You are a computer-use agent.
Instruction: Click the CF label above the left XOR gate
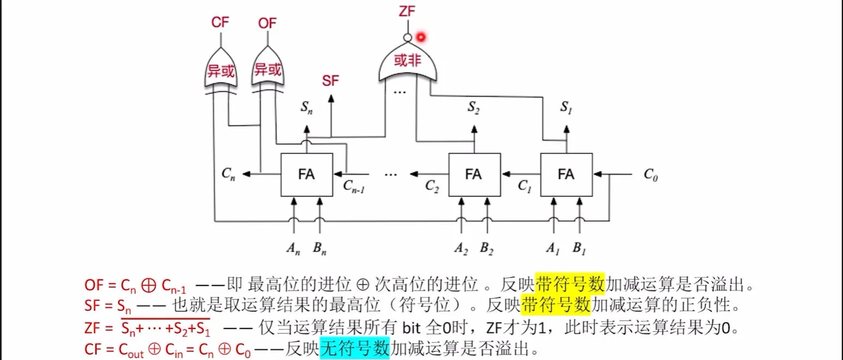[x=220, y=22]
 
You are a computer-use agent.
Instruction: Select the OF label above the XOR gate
[x=267, y=23]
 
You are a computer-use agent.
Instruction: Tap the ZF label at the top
[x=407, y=11]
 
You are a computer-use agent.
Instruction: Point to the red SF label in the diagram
[x=330, y=81]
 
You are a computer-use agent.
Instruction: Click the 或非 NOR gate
[x=408, y=62]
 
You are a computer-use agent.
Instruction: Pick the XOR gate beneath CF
[x=221, y=70]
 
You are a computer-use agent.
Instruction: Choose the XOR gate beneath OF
[x=268, y=69]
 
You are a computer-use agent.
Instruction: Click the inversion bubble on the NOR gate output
[x=408, y=38]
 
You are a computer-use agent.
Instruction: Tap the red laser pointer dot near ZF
[x=421, y=37]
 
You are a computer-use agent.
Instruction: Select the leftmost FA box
[x=307, y=174]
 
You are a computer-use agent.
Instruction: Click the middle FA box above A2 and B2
[x=475, y=174]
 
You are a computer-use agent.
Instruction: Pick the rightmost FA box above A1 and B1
[x=566, y=174]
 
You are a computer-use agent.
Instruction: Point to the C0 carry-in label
[x=651, y=174]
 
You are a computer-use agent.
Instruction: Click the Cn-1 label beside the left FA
[x=354, y=186]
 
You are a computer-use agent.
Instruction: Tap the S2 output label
[x=474, y=108]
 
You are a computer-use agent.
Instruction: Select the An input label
[x=293, y=249]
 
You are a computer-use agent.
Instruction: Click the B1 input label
[x=579, y=249]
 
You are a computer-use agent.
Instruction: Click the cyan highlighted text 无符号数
[x=355, y=349]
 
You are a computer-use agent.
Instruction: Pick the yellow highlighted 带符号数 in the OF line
[x=570, y=284]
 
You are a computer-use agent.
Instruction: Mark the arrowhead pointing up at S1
[x=566, y=130]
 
